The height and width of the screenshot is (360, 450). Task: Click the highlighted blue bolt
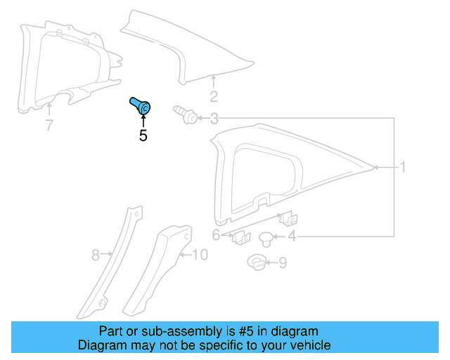click(141, 106)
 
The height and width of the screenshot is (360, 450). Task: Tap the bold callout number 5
click(143, 136)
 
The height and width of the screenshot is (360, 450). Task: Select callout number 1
click(404, 167)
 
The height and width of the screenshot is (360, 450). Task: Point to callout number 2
click(214, 97)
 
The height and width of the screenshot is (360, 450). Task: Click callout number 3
click(214, 120)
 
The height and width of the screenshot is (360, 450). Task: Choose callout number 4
click(291, 237)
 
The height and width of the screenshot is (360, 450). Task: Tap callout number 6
click(217, 235)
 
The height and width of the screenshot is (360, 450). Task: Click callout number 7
click(49, 127)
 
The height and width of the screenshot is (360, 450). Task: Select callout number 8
click(96, 256)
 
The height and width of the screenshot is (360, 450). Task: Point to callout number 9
click(283, 263)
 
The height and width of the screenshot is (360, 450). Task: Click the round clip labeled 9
click(257, 264)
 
